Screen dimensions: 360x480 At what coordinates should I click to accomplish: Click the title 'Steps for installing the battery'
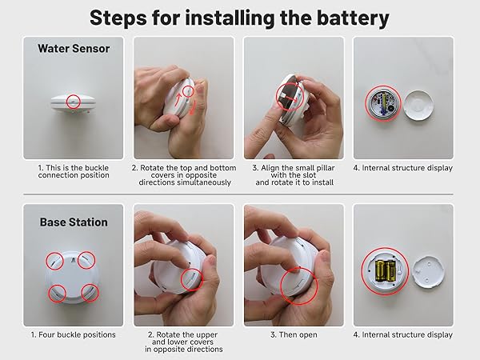click(239, 17)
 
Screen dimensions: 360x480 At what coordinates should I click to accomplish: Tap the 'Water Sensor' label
click(74, 49)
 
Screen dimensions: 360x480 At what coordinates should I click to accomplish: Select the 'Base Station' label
click(74, 222)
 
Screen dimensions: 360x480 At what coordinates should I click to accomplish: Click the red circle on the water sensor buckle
click(74, 101)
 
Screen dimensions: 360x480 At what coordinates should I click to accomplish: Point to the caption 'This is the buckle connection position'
click(74, 171)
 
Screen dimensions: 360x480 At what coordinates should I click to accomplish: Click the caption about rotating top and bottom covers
click(183, 175)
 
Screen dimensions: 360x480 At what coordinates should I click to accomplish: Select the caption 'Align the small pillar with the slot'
click(293, 175)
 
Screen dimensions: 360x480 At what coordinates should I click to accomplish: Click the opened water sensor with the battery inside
click(383, 103)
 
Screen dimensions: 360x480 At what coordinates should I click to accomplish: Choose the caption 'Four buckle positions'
click(74, 334)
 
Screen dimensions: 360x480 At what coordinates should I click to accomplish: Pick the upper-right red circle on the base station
click(87, 259)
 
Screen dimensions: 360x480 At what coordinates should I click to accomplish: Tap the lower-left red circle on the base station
click(58, 294)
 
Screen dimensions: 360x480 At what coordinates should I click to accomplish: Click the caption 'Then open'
click(293, 334)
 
